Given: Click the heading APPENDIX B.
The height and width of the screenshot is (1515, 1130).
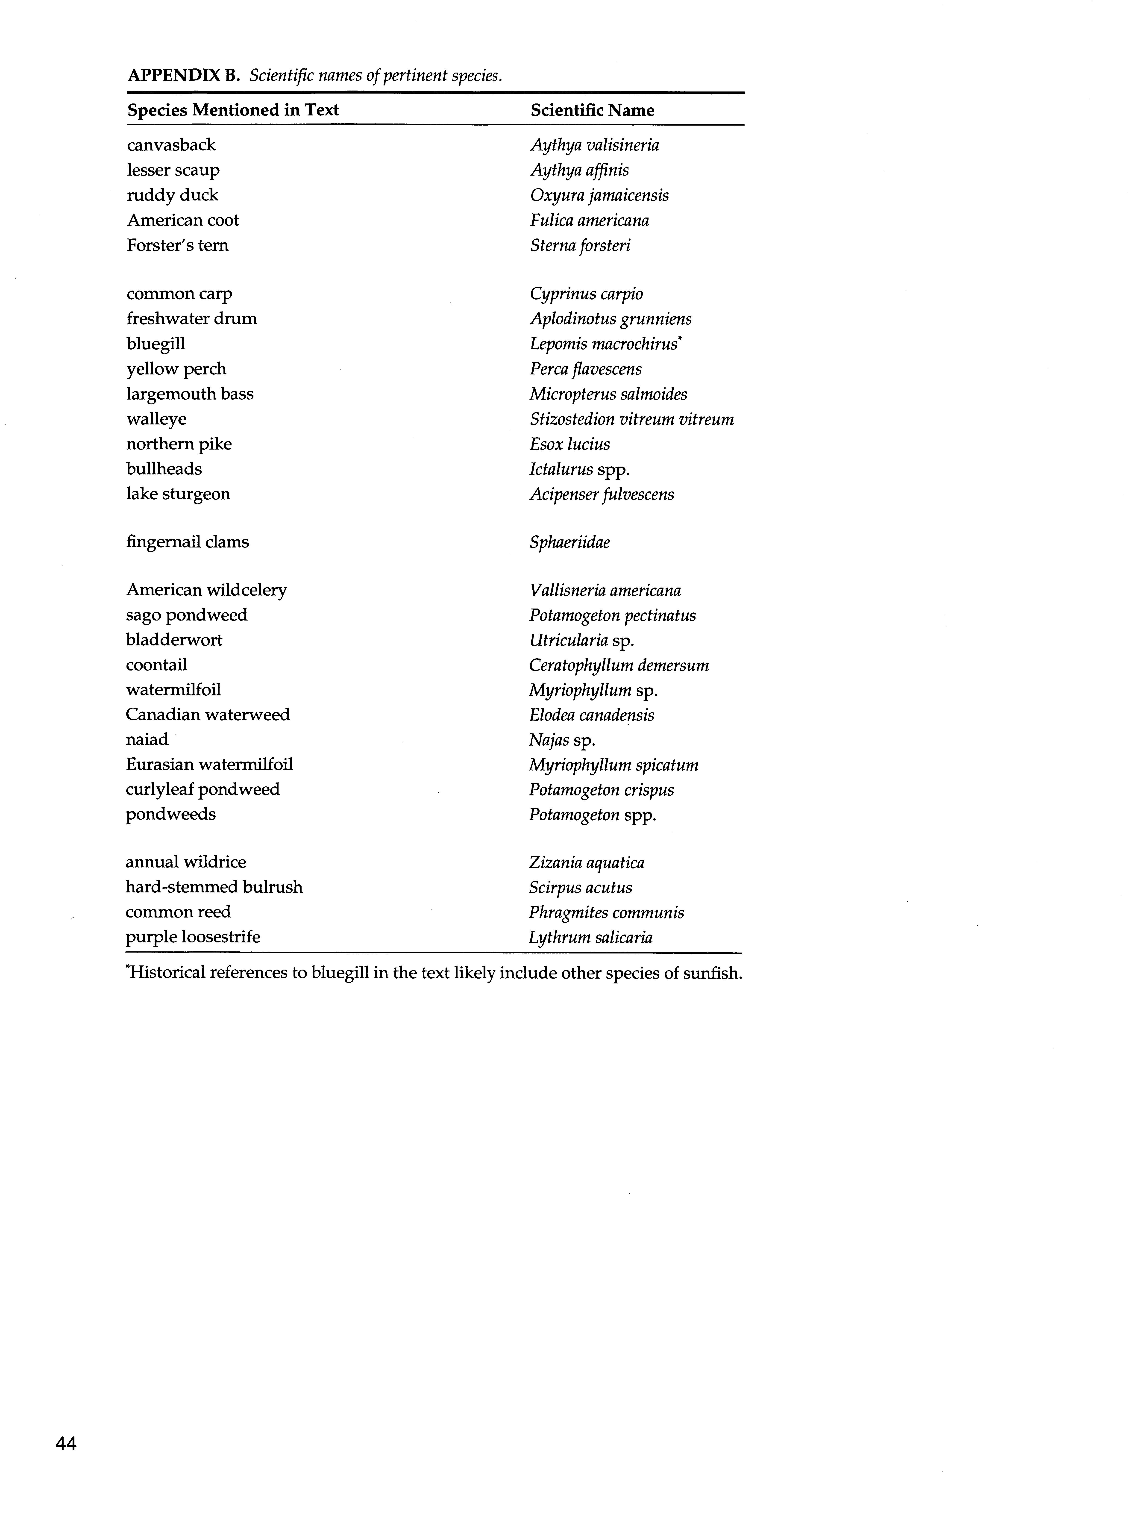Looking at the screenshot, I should point(183,75).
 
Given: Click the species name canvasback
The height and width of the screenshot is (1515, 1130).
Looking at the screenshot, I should point(171,145).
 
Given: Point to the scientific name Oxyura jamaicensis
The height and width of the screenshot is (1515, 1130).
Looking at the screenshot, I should point(599,196).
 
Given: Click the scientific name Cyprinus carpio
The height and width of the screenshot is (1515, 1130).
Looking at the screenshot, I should point(586,294).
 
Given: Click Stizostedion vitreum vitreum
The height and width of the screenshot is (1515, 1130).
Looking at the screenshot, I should point(631,419).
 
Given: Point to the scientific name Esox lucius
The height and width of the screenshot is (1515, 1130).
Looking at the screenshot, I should point(570,444).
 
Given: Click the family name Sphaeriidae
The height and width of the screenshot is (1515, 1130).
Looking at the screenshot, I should point(570,543).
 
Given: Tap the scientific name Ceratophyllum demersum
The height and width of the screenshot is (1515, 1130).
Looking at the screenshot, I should point(619,665).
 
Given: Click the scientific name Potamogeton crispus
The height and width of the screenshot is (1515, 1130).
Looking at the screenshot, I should point(601,790).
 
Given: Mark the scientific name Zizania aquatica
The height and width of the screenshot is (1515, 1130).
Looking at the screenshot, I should point(586,863).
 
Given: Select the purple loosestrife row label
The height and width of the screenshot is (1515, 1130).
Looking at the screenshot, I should point(193,937).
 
